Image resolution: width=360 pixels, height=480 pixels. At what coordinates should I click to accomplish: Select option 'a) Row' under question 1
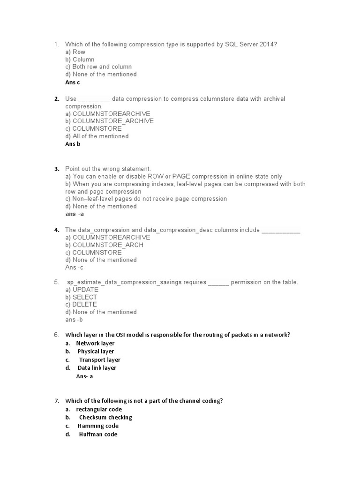coord(75,52)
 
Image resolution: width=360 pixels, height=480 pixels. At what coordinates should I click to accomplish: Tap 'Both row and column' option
coord(98,67)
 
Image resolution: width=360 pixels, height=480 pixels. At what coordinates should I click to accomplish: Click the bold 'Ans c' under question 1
coord(73,82)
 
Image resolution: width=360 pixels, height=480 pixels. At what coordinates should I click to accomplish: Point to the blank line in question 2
coord(94,99)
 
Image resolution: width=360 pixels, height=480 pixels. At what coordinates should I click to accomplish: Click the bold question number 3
coord(57,169)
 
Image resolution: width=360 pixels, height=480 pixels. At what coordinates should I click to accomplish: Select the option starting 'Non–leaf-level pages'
coord(146,199)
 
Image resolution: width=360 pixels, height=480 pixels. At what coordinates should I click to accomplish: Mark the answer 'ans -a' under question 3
coord(75,214)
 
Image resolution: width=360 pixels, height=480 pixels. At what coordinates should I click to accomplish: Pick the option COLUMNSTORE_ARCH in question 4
coord(104,245)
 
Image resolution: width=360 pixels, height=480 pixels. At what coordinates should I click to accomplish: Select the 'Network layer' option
coord(95,344)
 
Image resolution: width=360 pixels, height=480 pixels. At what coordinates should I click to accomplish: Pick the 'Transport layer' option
coord(99,360)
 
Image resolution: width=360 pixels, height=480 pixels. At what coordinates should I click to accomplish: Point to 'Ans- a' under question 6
coord(84,376)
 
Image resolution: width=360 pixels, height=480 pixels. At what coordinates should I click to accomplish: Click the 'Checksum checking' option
coord(105,418)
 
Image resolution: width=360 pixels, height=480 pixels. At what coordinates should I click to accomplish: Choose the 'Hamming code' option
coord(98,426)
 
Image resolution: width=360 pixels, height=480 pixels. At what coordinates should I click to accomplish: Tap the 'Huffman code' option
coord(98,435)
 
